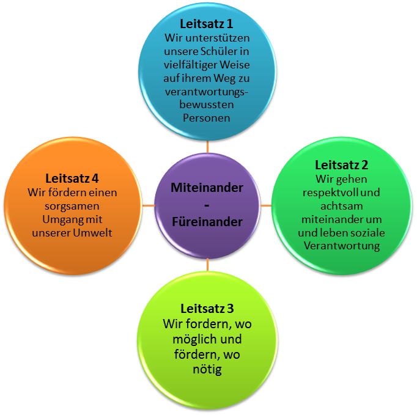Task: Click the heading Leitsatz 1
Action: (207, 24)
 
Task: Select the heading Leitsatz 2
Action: (342, 165)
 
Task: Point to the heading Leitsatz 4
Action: (72, 178)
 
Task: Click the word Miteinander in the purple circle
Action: (207, 187)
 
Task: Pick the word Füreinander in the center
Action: (207, 222)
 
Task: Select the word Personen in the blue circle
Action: (207, 118)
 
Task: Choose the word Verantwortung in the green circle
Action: (342, 246)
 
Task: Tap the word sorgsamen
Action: (73, 205)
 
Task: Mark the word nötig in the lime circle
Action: (207, 369)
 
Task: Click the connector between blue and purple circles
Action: (207, 147)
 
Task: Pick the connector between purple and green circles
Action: (265, 205)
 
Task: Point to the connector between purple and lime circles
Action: (207, 265)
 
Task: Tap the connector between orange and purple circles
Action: (148, 205)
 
